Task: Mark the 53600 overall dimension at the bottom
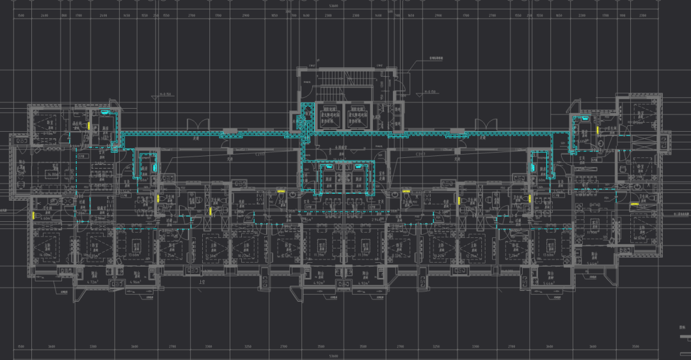[x=334, y=356]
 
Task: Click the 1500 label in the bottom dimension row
[x=21, y=347]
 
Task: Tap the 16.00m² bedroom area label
[x=44, y=254]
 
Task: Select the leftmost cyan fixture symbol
[x=104, y=113]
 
